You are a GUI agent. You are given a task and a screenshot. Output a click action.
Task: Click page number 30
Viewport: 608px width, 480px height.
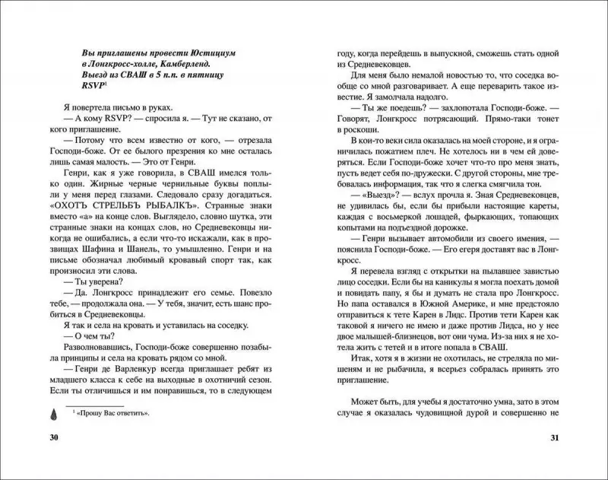pos(53,438)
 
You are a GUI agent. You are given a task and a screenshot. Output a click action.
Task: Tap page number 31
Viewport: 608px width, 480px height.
pos(555,438)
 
